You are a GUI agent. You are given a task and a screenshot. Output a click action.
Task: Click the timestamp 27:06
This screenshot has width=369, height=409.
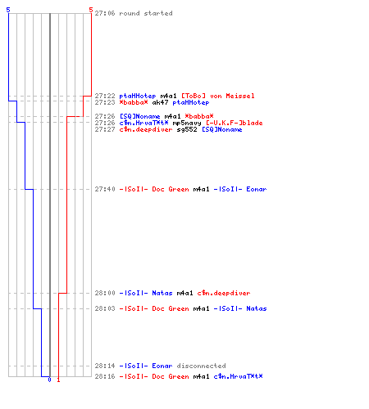point(105,13)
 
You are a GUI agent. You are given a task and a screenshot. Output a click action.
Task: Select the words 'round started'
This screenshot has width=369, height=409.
point(146,13)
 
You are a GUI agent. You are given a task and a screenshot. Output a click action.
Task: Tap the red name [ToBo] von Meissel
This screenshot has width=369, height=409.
point(218,96)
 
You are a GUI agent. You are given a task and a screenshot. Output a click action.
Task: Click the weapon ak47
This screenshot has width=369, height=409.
point(160,102)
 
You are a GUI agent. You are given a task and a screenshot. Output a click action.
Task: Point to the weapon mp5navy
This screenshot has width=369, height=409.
point(187,123)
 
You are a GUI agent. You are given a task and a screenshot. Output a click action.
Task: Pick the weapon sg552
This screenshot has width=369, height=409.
point(187,129)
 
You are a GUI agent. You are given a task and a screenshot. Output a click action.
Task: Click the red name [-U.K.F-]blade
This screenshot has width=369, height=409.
point(235,123)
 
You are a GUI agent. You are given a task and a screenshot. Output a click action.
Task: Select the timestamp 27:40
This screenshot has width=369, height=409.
point(105,189)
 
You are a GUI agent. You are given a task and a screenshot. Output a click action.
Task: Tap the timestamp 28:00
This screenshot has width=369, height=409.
point(105,293)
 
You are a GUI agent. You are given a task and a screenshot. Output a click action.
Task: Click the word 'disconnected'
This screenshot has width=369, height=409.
point(201,366)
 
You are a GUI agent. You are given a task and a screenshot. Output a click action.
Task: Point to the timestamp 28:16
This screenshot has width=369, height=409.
point(105,376)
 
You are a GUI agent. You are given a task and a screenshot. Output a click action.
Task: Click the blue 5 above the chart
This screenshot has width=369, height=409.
point(8,10)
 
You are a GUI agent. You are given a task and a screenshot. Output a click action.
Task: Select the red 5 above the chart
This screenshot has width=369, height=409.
point(91,10)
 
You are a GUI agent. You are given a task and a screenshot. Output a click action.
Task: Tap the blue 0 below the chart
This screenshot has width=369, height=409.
point(49,380)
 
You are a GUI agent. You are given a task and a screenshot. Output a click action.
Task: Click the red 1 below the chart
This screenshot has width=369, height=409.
point(58,380)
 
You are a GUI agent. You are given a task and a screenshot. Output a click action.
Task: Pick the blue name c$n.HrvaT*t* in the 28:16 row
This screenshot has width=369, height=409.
point(238,376)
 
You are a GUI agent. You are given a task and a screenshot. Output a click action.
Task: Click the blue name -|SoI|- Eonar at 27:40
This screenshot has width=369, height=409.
point(240,189)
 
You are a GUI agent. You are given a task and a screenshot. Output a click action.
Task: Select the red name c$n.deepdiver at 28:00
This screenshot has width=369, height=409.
point(224,293)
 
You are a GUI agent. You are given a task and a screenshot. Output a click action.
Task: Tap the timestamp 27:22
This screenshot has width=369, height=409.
point(105,96)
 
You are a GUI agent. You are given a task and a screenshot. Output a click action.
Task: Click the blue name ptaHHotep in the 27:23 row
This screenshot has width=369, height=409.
point(191,102)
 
